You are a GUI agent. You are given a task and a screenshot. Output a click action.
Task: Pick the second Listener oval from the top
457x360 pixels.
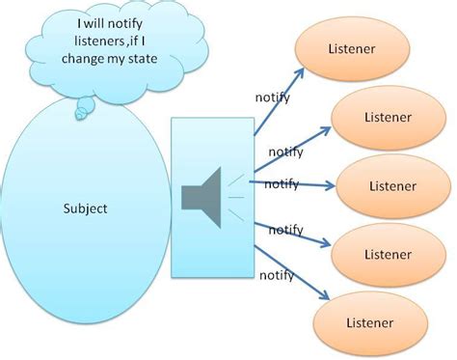point(387,117)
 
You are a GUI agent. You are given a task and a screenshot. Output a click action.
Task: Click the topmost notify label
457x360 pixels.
point(272,97)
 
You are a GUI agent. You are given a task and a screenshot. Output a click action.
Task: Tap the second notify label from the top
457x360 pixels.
point(287,152)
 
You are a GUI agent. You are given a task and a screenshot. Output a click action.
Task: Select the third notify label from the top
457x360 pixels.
point(281,183)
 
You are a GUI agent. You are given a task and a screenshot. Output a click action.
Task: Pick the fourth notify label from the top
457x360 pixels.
point(285,230)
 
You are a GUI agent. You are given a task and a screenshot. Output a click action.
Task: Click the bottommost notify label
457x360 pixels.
point(278,275)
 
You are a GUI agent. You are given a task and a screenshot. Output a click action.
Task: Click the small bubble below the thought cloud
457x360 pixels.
point(84,112)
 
